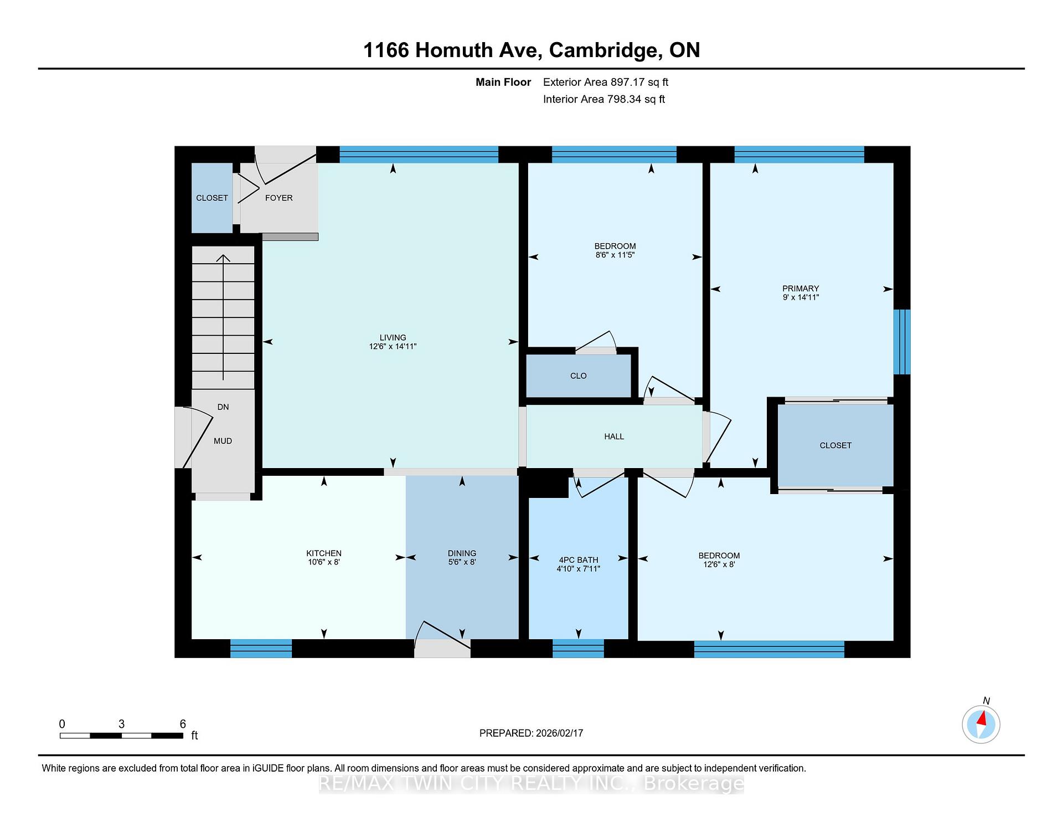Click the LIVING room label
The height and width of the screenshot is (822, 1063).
(393, 337)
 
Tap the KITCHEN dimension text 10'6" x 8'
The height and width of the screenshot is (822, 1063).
(324, 562)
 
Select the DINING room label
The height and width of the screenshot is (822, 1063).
(462, 553)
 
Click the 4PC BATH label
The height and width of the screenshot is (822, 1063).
(578, 560)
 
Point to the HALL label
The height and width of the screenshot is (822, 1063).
(614, 436)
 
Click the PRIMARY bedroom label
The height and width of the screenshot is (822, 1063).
(801, 289)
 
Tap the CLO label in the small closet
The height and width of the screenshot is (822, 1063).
(578, 376)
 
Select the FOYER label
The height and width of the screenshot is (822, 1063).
(278, 198)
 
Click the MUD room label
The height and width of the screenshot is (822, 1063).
(223, 441)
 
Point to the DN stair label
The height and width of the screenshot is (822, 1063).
(223, 407)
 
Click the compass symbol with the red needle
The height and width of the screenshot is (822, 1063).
(981, 724)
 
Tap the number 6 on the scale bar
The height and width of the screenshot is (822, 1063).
(183, 724)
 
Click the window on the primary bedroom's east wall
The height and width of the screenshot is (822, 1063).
(902, 342)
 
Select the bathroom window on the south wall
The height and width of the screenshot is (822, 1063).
(578, 649)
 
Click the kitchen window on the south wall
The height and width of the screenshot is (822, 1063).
(261, 649)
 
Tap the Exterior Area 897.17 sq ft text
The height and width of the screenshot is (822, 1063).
(606, 82)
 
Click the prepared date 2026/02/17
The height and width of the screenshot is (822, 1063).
(560, 733)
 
